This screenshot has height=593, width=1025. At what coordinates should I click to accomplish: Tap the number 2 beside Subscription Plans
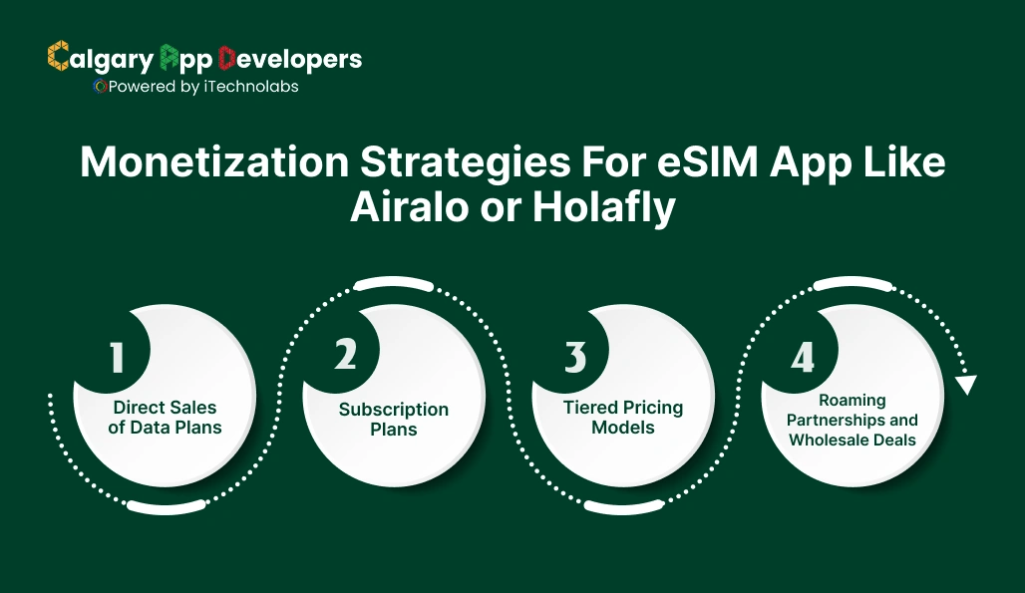(x=345, y=354)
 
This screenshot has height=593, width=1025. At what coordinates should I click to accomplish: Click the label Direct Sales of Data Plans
(x=165, y=418)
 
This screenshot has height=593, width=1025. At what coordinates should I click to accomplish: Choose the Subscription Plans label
(x=393, y=420)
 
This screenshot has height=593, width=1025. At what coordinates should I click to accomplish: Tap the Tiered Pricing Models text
(x=622, y=418)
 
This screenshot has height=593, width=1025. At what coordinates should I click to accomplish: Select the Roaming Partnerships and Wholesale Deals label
(x=853, y=420)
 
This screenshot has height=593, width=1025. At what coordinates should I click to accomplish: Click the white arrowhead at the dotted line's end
(x=965, y=385)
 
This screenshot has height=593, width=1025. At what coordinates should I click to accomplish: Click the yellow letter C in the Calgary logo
(x=58, y=58)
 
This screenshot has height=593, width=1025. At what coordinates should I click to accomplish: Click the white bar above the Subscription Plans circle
(x=394, y=285)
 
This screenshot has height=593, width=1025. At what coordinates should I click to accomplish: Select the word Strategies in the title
(x=463, y=162)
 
